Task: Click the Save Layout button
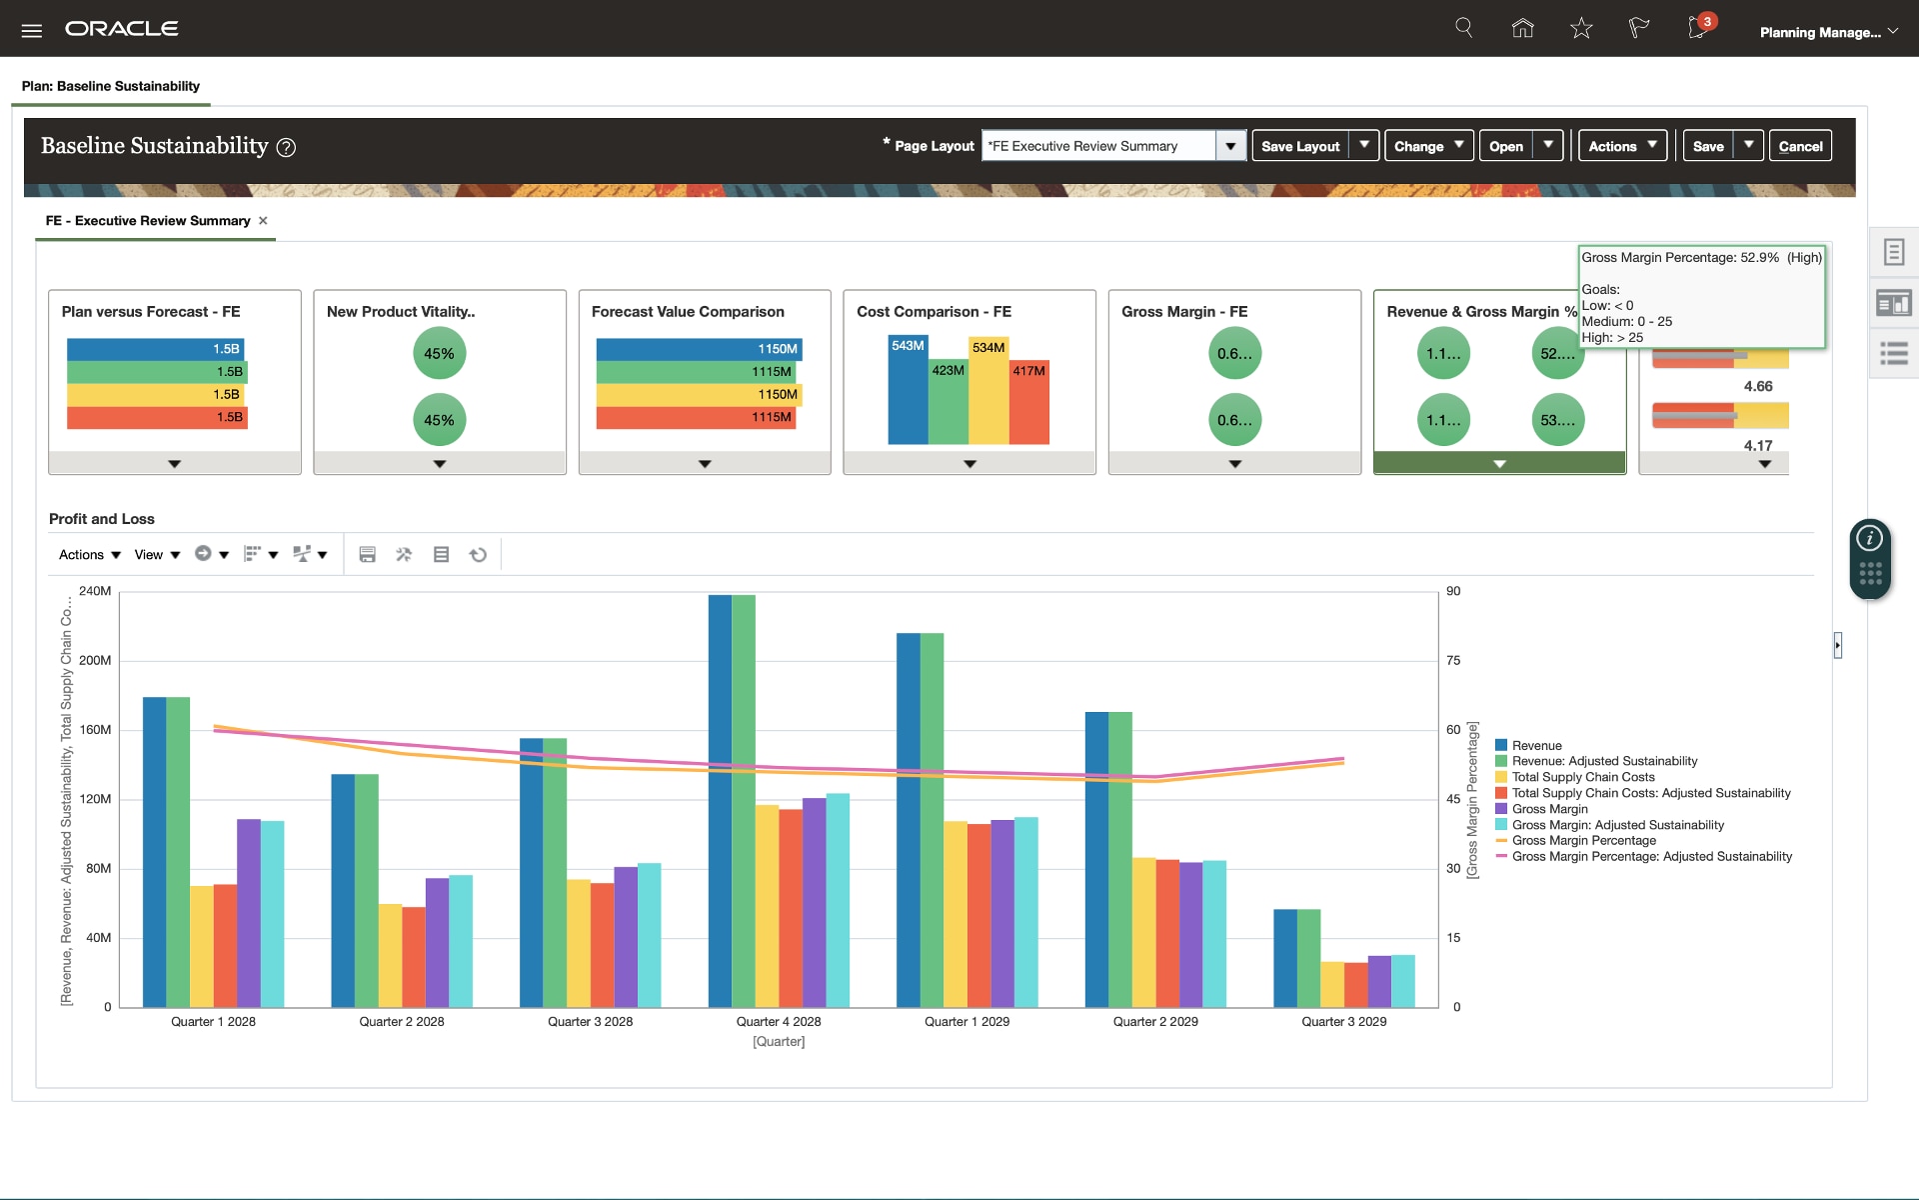pyautogui.click(x=1299, y=146)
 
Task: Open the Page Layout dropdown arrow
pyautogui.click(x=1230, y=146)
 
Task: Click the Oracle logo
pyautogui.click(x=122, y=29)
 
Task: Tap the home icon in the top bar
pyautogui.click(x=1522, y=29)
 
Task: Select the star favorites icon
pyautogui.click(x=1580, y=29)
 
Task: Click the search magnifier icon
pyautogui.click(x=1464, y=28)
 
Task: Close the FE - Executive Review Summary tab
pyautogui.click(x=263, y=221)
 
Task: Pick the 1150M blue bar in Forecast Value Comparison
pyautogui.click(x=698, y=349)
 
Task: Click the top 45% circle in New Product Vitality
pyautogui.click(x=439, y=354)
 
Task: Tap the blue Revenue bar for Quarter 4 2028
pyautogui.click(x=720, y=800)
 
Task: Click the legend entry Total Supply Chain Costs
pyautogui.click(x=1582, y=777)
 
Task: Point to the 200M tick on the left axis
pyautogui.click(x=96, y=661)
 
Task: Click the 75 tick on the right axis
pyautogui.click(x=1453, y=661)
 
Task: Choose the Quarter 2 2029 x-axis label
pyautogui.click(x=1155, y=1022)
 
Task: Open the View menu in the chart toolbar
pyautogui.click(x=157, y=555)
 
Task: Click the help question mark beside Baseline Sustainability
pyautogui.click(x=286, y=148)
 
